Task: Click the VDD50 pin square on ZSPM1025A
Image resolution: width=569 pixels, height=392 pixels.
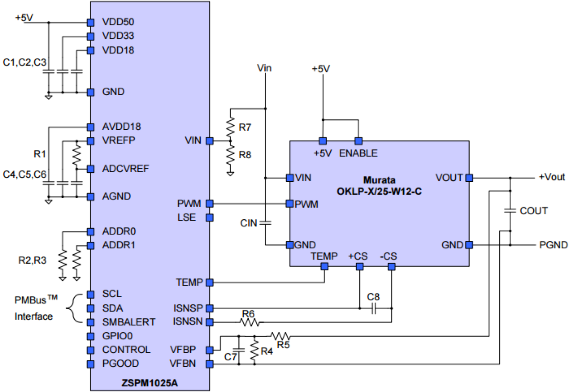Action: (91, 22)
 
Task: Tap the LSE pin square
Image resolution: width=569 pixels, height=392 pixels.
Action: (209, 217)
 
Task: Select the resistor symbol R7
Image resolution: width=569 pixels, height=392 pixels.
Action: (231, 125)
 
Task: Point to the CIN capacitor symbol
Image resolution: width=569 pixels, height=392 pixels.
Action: (265, 222)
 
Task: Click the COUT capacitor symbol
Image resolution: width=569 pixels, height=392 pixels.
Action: (510, 211)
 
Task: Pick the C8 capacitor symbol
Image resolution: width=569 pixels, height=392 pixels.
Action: (374, 309)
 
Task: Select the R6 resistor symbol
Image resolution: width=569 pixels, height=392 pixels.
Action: (249, 322)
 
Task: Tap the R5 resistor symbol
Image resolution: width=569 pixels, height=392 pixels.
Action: (280, 336)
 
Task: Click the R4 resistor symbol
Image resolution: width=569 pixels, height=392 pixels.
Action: (255, 350)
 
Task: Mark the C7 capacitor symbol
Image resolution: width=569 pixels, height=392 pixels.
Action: (239, 350)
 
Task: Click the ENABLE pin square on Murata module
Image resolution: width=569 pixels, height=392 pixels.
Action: (358, 140)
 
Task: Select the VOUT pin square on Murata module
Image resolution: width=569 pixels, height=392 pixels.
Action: (469, 178)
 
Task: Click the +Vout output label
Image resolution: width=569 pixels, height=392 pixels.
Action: (551, 177)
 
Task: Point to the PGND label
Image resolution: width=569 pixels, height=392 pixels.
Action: (553, 245)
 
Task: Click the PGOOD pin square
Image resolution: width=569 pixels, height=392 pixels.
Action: (91, 364)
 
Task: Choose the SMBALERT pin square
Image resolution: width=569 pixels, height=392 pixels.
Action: (91, 322)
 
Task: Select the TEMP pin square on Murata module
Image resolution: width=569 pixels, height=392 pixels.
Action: (324, 267)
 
